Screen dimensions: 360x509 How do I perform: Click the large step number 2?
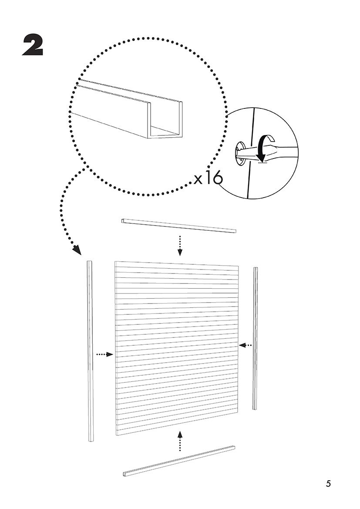[x=33, y=45]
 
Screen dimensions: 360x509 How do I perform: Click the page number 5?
[x=329, y=484]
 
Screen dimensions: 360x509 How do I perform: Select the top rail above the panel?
[x=179, y=226]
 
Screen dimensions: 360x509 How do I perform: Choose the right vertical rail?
[x=256, y=338]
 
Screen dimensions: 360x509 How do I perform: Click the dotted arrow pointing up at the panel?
[x=180, y=440]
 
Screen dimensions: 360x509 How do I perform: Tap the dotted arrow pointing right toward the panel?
[x=104, y=354]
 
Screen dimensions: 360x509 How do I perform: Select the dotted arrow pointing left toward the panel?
[x=245, y=345]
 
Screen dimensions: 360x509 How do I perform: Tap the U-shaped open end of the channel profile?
[x=165, y=120]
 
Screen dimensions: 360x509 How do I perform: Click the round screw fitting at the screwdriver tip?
[x=241, y=154]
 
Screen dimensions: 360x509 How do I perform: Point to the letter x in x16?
[x=198, y=180]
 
